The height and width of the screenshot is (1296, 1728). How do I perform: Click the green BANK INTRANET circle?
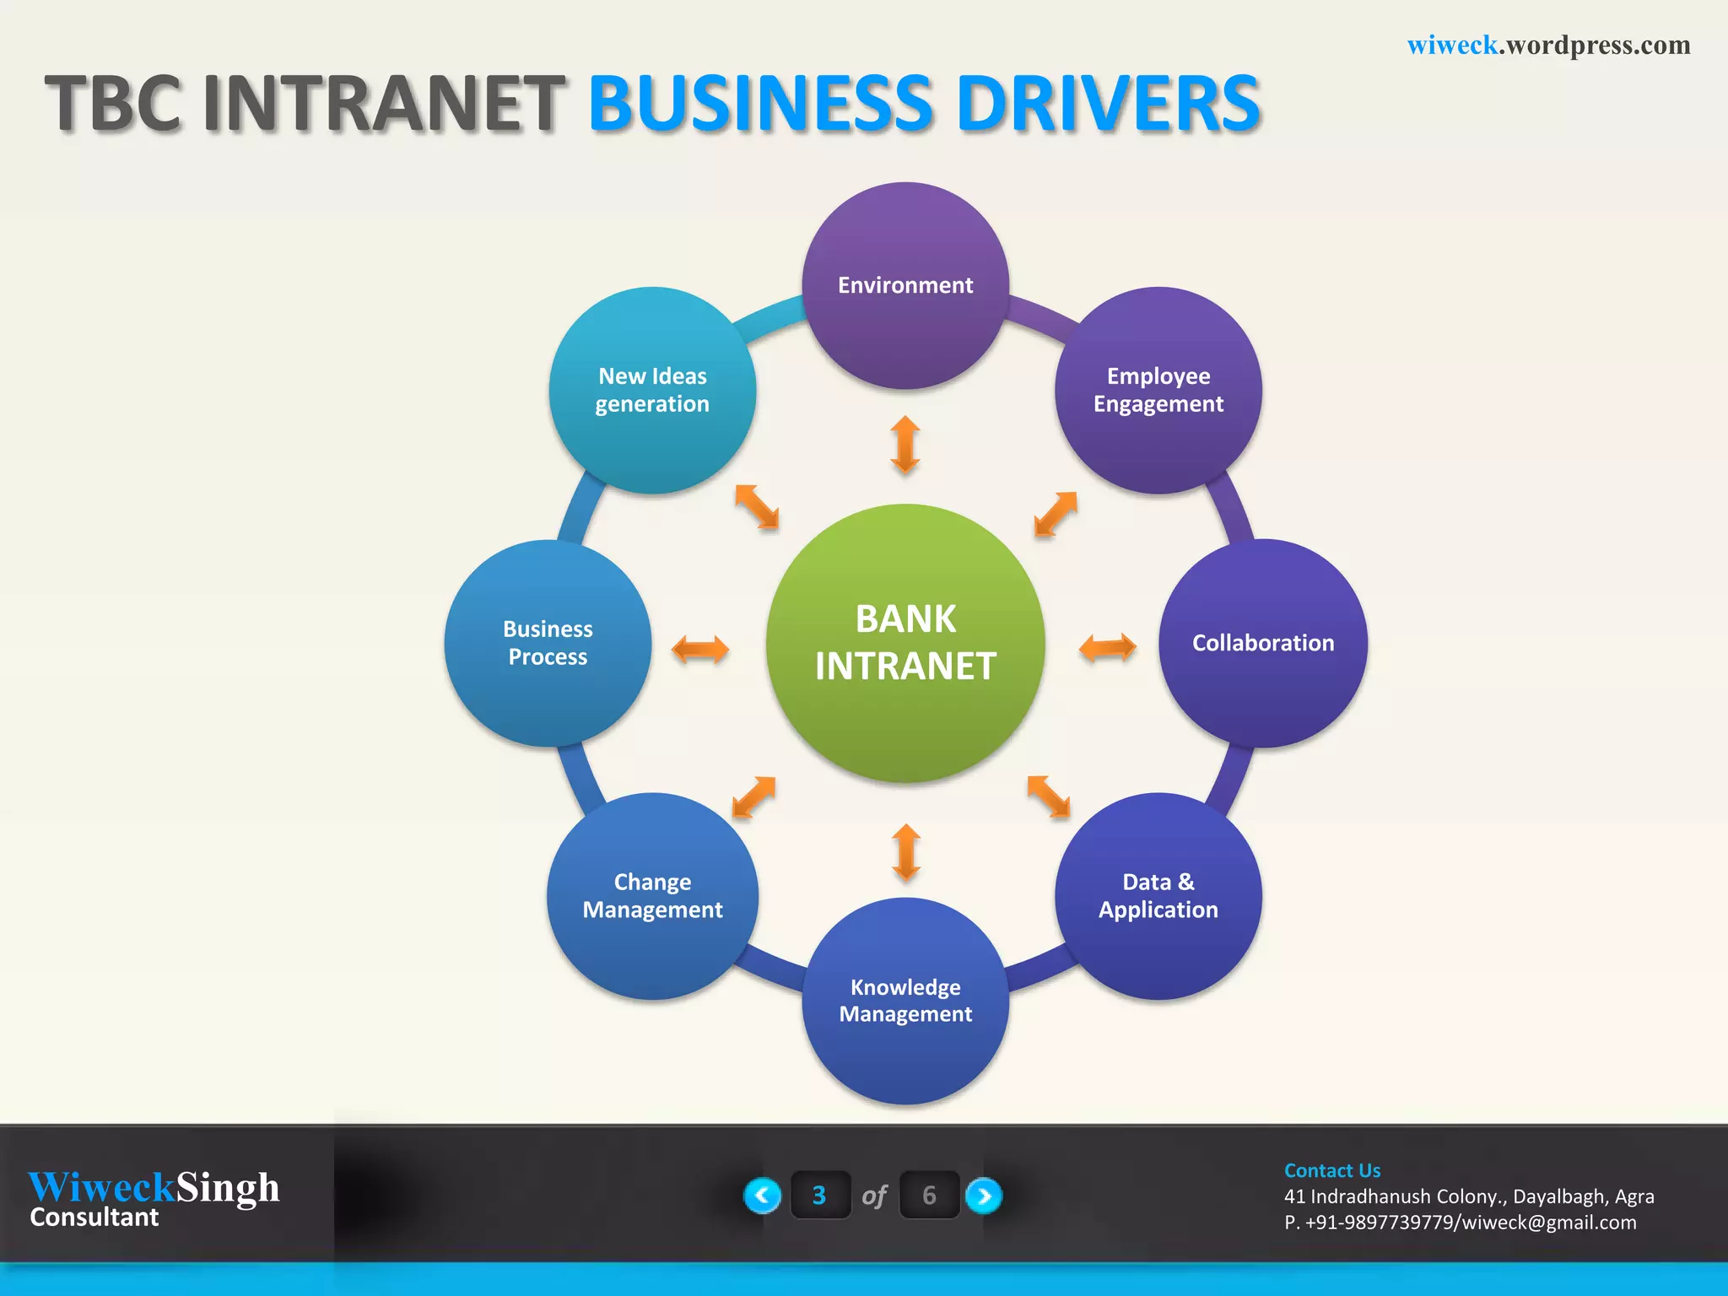click(905, 643)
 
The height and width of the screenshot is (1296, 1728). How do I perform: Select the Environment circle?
click(905, 285)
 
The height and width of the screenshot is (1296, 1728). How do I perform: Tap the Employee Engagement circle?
click(1158, 390)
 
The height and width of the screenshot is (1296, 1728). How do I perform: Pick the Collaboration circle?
click(1263, 643)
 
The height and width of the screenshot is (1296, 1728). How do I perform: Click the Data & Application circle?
click(1158, 896)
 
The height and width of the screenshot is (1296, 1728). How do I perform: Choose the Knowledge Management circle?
click(905, 1001)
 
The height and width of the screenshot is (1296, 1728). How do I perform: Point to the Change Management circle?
click(652, 896)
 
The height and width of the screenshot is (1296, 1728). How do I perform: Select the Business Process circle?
click(548, 643)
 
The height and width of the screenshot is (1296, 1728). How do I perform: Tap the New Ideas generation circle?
click(652, 390)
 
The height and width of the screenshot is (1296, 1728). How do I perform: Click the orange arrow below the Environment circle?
click(905, 444)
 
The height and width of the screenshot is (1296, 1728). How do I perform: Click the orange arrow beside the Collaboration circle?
click(1107, 648)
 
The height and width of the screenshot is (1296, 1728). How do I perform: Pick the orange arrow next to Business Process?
click(699, 649)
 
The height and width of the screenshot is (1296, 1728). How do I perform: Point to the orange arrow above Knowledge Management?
click(906, 852)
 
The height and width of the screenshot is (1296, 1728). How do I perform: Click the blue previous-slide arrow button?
click(763, 1195)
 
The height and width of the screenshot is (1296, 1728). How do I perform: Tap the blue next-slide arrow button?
click(984, 1195)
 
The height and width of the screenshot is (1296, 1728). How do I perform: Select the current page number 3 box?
click(819, 1195)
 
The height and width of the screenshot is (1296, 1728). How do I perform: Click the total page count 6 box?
click(929, 1195)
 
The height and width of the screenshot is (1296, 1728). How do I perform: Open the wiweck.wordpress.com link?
click(1548, 45)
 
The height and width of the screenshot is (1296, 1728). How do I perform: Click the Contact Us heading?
click(1332, 1170)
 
